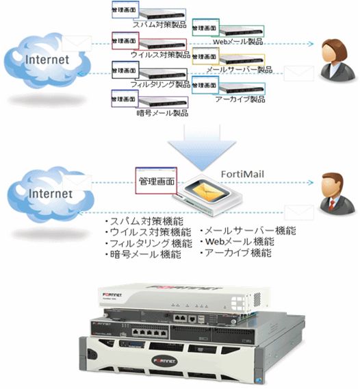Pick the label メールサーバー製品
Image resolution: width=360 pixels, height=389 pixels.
point(238,69)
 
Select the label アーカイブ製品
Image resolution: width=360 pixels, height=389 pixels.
point(237,99)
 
